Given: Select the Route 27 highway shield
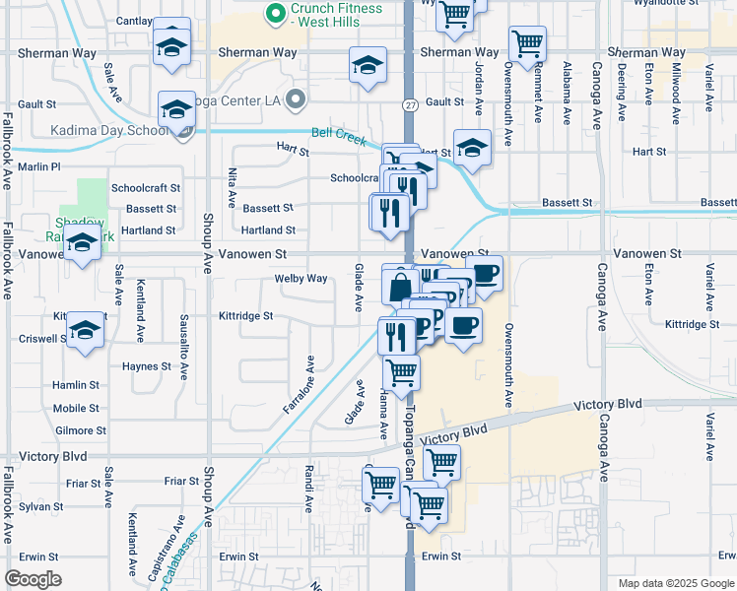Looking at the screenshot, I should tap(409, 104).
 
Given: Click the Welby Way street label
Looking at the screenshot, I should tap(301, 279).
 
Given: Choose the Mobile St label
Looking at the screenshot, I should tap(76, 409).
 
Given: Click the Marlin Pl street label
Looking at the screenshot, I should tap(39, 167).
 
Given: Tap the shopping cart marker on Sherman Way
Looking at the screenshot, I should tap(528, 43).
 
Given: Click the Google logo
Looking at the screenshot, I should tap(33, 579).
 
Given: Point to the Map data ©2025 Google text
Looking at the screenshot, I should tap(675, 583).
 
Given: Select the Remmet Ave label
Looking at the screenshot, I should tap(539, 96).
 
